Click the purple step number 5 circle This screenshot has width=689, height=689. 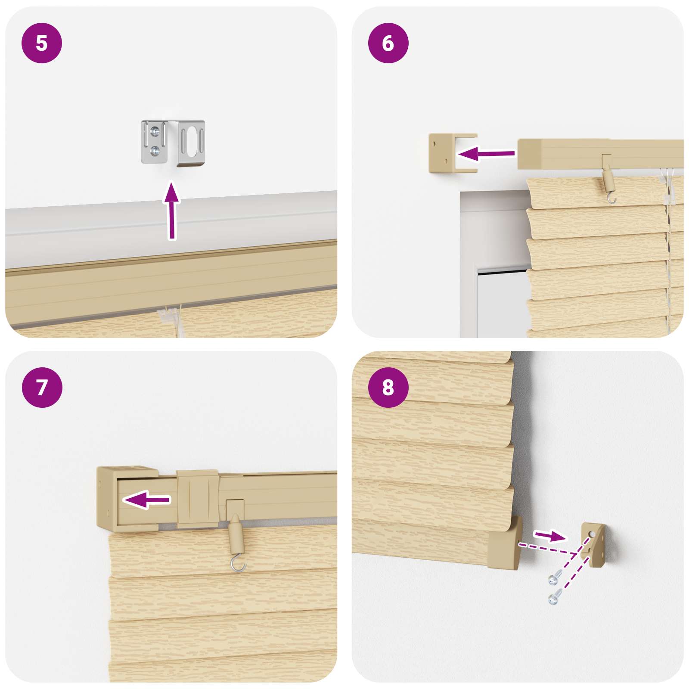click(42, 43)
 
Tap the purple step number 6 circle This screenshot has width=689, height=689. click(388, 43)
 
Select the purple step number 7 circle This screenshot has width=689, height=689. click(42, 387)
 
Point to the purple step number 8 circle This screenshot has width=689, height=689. click(388, 387)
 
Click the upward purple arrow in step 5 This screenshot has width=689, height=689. click(172, 211)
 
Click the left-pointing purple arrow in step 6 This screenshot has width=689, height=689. click(486, 153)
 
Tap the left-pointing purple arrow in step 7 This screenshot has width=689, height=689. click(147, 500)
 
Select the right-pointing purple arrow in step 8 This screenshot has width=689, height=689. click(550, 536)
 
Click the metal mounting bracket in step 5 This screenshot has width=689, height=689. click(173, 143)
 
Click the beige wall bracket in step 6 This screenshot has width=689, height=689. click(453, 153)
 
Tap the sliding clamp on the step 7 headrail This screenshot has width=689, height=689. click(197, 499)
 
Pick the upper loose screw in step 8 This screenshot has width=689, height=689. click(555, 577)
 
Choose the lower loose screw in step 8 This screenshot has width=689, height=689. click(554, 597)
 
